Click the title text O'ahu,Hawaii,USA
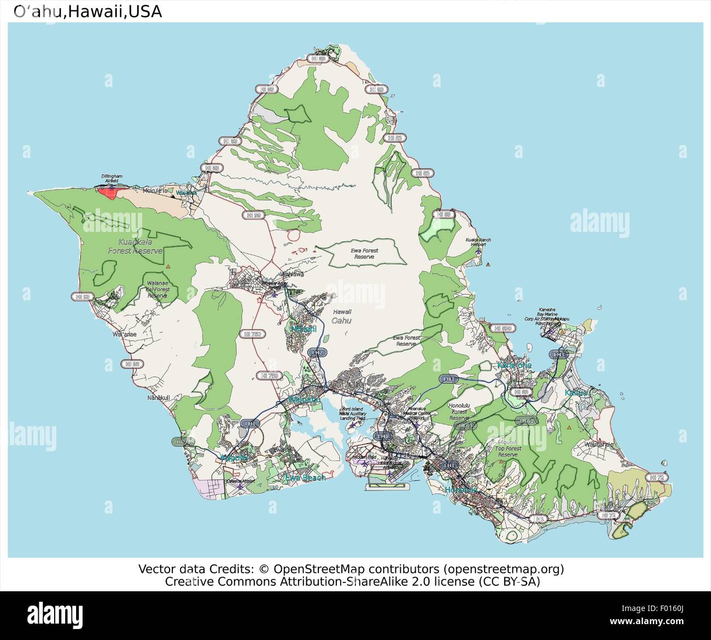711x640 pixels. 88,11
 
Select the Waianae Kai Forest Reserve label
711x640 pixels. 157,289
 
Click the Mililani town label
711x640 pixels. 303,329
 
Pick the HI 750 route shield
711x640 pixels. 252,333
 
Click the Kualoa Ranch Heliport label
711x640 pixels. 479,242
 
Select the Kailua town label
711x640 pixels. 576,393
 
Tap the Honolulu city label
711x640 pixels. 461,490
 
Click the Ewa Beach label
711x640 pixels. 305,478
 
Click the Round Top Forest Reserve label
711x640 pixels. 508,449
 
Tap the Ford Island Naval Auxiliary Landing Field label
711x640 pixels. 353,415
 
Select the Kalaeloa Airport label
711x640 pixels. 240,481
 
